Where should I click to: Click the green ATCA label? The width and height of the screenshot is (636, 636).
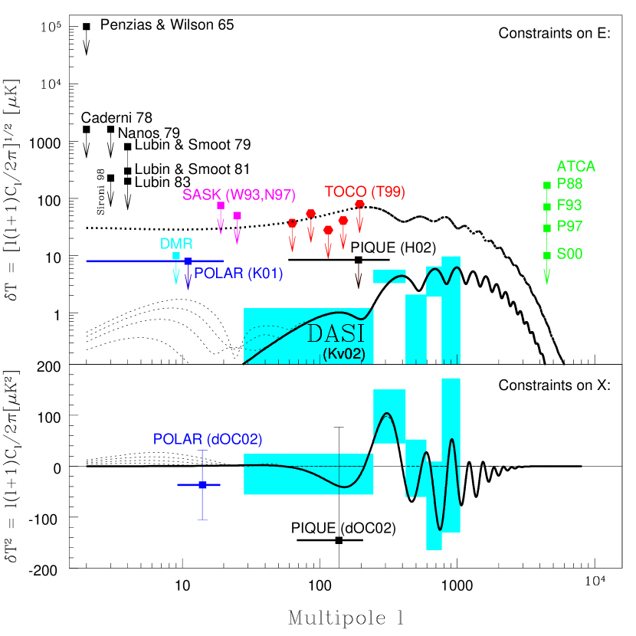[x=575, y=166]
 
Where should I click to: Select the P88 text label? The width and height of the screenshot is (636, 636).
[x=569, y=184]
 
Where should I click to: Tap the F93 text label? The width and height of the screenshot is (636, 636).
[x=569, y=205]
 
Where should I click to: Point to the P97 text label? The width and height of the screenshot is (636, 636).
[x=569, y=227]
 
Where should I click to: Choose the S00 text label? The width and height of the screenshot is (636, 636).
[x=569, y=254]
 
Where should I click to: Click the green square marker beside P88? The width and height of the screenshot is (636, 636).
[x=547, y=185]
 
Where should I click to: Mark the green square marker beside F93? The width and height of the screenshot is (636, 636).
[x=547, y=207]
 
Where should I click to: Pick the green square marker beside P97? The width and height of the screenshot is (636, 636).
[x=547, y=228]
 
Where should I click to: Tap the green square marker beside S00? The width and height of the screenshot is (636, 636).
[x=547, y=256]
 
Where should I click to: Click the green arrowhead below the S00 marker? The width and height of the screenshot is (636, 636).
[x=547, y=279]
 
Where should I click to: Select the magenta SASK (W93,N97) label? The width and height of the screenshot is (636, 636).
[x=238, y=195]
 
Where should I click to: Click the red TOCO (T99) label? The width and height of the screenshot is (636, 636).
[x=364, y=192]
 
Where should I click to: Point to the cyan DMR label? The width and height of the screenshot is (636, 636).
[x=176, y=244]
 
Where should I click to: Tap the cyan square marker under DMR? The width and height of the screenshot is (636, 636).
[x=176, y=257]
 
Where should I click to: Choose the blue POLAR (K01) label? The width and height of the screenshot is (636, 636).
[x=238, y=274]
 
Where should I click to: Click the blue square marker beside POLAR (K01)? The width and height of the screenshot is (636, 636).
[x=188, y=261]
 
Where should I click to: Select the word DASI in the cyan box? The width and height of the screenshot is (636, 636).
[x=336, y=334]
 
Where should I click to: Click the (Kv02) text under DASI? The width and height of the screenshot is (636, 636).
[x=343, y=354]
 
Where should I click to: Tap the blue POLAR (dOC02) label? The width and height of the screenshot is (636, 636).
[x=208, y=439]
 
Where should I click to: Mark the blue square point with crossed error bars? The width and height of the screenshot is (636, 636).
[x=202, y=485]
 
